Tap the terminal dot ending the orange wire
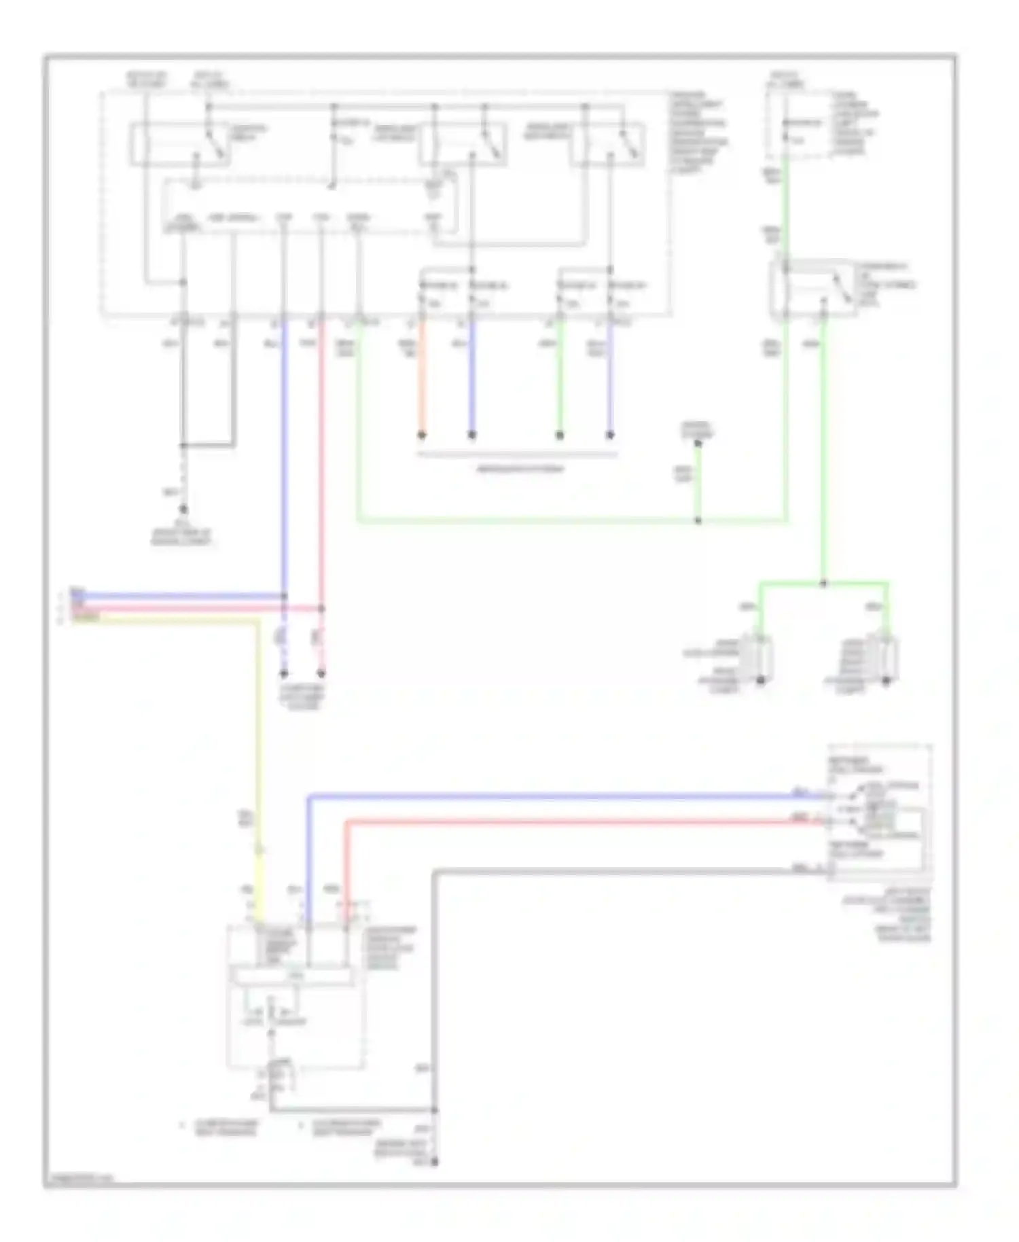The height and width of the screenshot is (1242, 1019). point(421,435)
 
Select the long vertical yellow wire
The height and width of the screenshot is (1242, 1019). point(259,747)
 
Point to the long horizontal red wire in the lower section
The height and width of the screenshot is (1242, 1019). point(577,823)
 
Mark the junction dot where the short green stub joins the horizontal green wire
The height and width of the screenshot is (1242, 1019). point(698,521)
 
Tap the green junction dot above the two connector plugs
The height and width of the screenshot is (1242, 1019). point(823,583)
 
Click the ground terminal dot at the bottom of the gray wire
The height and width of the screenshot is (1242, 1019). point(435,1163)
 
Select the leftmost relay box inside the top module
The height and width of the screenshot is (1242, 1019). point(180,144)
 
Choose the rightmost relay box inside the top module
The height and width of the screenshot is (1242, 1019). point(608,144)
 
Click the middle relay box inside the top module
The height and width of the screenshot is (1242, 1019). point(462,144)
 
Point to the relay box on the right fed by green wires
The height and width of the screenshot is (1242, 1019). point(812,289)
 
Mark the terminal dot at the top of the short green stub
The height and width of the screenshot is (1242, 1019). point(698,444)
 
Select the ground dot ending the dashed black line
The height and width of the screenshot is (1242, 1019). point(183,508)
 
